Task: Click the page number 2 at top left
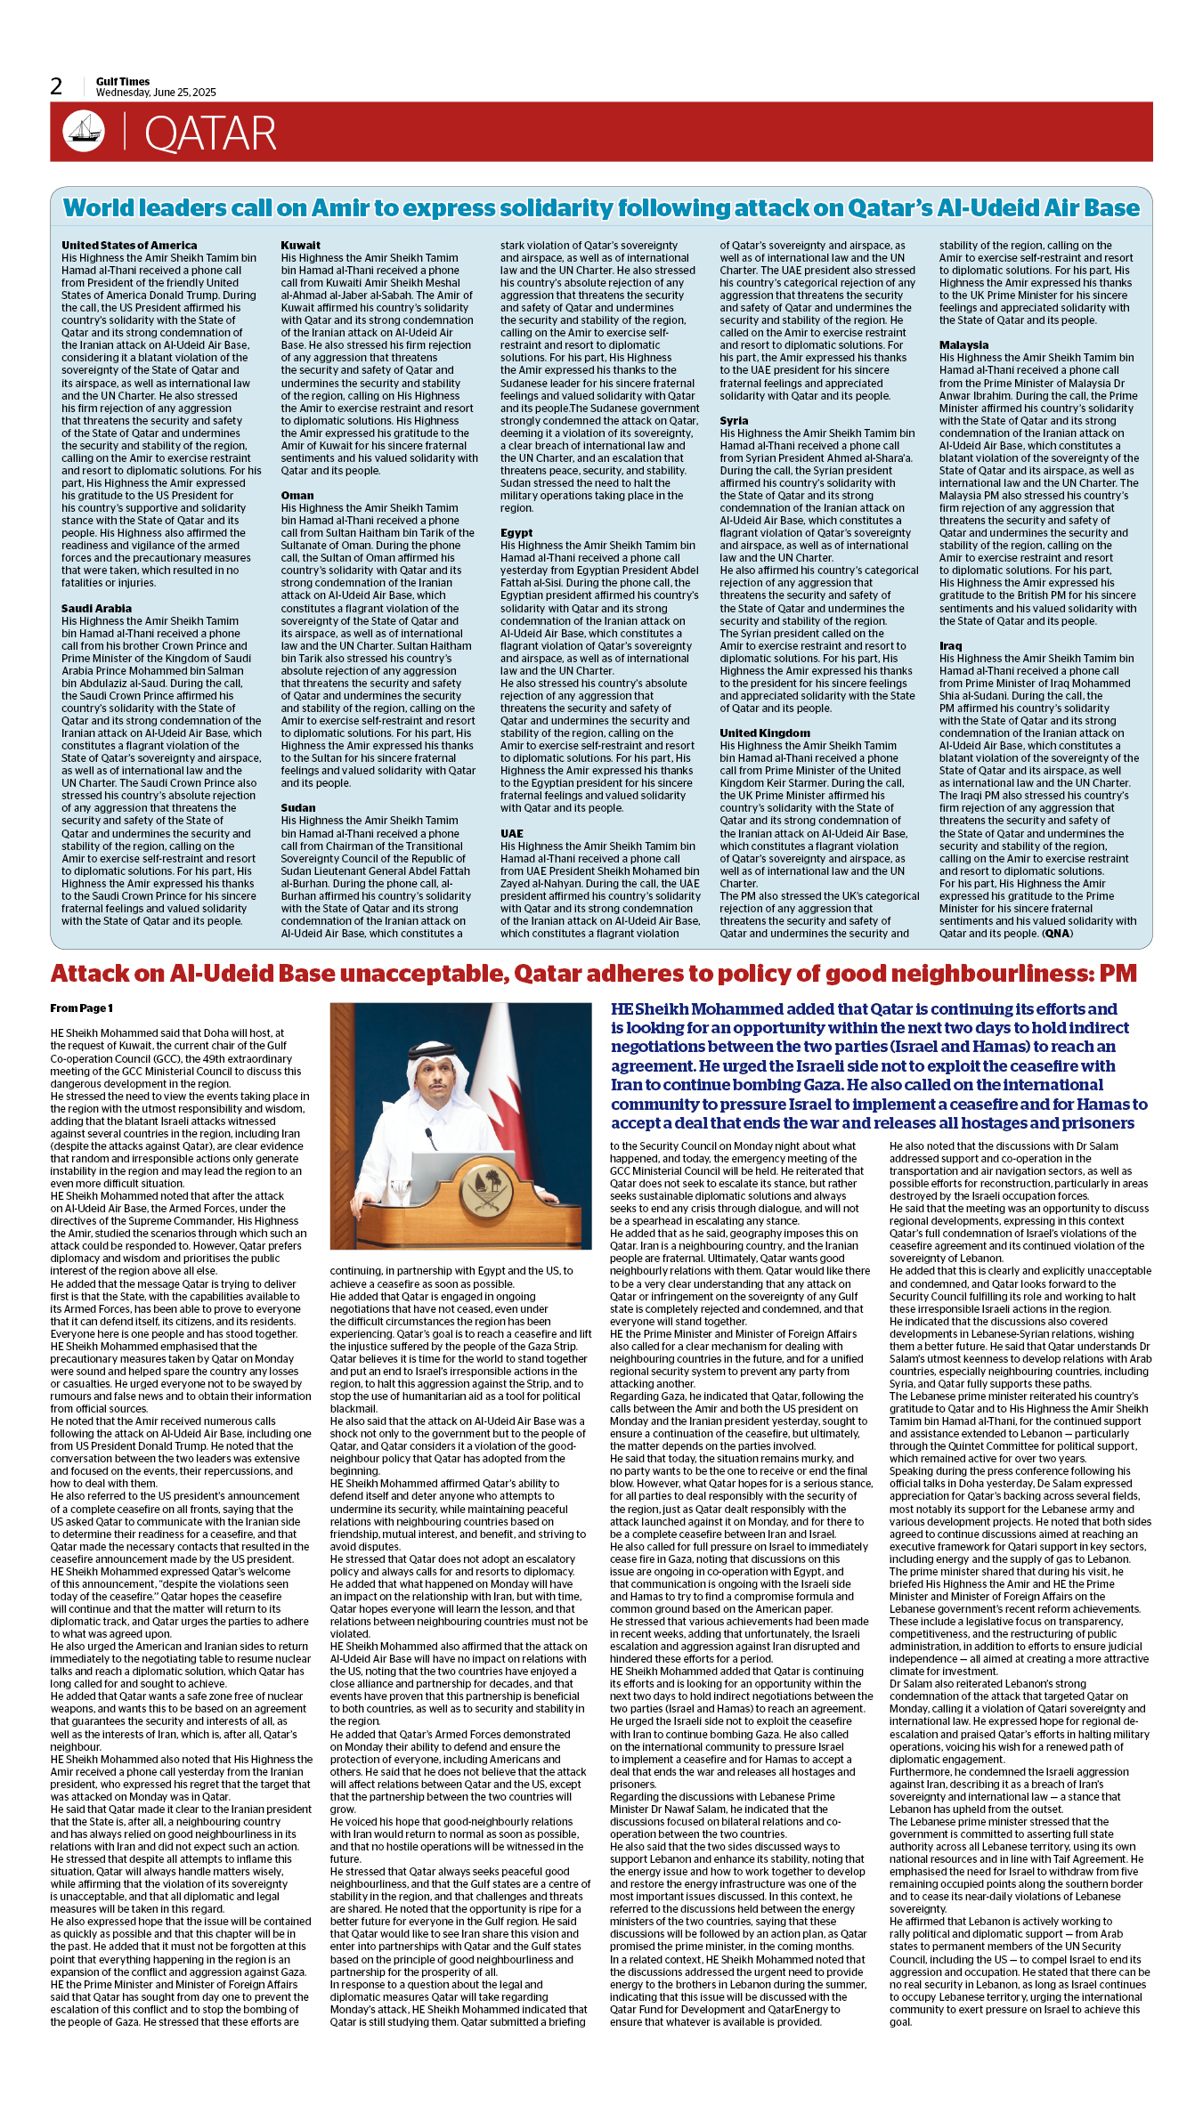[56, 86]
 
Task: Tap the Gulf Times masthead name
[123, 82]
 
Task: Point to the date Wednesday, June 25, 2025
[156, 93]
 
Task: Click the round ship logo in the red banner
[84, 132]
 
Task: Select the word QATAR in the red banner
[210, 134]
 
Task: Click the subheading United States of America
[129, 246]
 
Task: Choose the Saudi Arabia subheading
[96, 609]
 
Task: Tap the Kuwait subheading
[300, 246]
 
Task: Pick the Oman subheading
[297, 496]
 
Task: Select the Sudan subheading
[298, 808]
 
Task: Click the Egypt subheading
[516, 533]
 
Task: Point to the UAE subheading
[512, 834]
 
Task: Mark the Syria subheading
[734, 421]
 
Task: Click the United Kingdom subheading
[765, 733]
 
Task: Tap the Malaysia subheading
[963, 345]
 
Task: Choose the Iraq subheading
[950, 646]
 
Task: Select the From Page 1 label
[81, 1008]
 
